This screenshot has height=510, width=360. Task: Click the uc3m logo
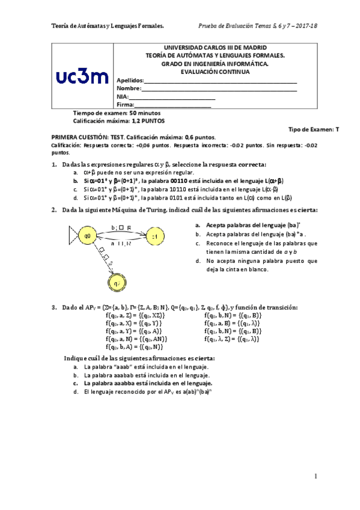click(82, 76)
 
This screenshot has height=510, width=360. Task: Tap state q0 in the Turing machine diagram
click(88, 236)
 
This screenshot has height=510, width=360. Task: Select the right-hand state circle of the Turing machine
click(154, 237)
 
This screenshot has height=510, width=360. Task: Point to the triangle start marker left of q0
click(74, 236)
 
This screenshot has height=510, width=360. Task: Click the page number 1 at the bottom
click(315, 476)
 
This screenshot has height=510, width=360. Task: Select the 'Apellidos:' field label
click(129, 81)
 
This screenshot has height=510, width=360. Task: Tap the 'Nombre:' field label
click(128, 88)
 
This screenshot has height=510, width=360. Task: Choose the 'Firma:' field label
click(124, 105)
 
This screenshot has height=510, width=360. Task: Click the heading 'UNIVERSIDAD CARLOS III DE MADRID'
click(215, 48)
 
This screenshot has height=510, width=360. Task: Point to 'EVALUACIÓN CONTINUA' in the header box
click(215, 72)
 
